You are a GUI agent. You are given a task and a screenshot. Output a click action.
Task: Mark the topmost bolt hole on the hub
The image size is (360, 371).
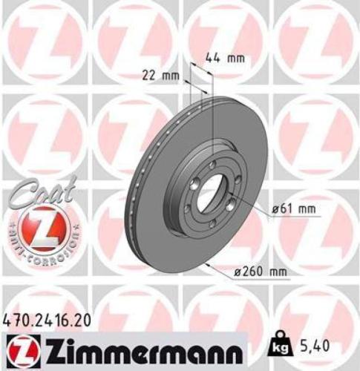coord(214,165)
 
